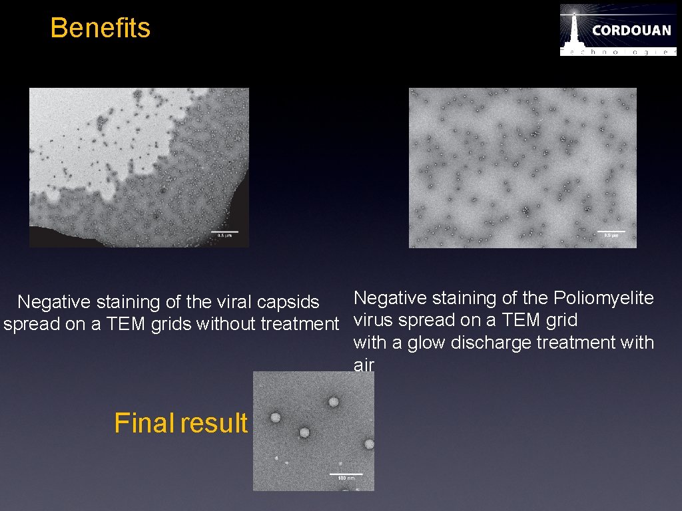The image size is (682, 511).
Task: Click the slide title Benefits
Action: click(101, 28)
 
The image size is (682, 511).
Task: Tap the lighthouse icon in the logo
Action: click(573, 29)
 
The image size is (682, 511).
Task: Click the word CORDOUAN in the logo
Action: click(631, 31)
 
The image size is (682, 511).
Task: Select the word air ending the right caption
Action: click(364, 365)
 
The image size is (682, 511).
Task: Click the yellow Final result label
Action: click(180, 423)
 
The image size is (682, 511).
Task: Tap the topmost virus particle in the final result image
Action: click(333, 402)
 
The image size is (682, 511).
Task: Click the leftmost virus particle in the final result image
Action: click(275, 417)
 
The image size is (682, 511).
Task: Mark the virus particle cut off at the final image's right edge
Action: click(369, 444)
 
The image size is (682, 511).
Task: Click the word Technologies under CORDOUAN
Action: click(618, 51)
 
